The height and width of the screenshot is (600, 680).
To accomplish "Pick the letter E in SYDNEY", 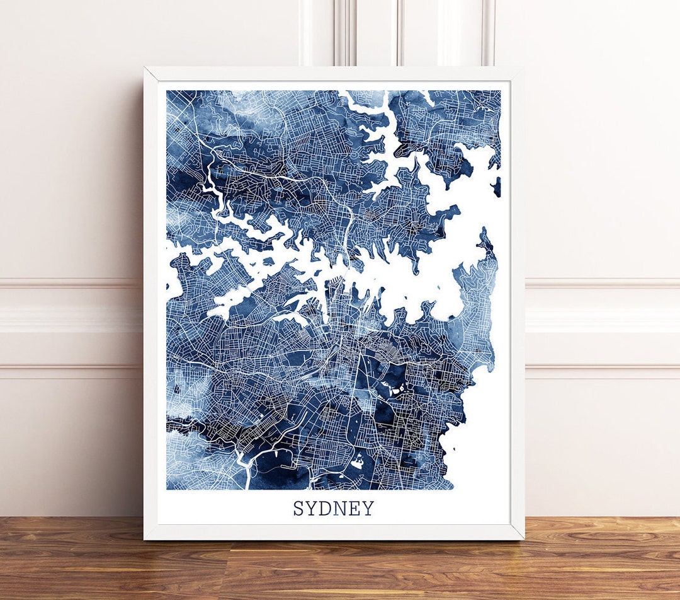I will click(x=355, y=508).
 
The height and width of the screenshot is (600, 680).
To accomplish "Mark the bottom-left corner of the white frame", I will click(x=145, y=539).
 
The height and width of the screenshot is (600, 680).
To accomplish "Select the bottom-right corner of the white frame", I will click(x=523, y=539).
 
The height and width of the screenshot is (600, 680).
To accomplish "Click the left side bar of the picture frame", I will click(x=151, y=303).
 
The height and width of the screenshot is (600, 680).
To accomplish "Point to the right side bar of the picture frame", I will click(x=517, y=303).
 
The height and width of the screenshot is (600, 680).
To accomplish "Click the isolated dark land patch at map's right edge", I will click(x=497, y=187).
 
